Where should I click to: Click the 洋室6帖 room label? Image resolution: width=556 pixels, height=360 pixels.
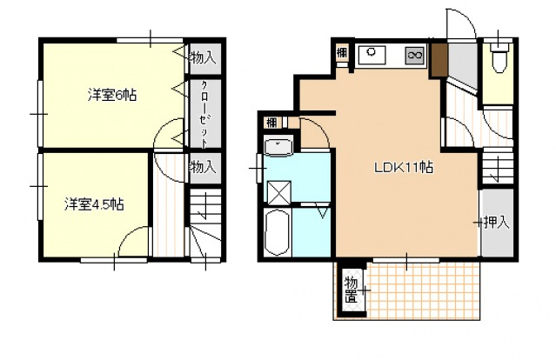click(112, 96)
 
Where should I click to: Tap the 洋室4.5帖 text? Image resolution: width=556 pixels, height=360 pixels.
click(94, 204)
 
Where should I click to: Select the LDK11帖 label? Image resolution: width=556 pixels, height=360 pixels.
click(404, 167)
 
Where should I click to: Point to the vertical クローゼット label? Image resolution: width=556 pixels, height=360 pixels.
click(205, 114)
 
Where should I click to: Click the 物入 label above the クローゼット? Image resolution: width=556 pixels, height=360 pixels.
click(203, 57)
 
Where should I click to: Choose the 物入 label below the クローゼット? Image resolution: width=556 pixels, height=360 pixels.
click(203, 167)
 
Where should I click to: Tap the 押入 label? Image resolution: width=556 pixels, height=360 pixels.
click(497, 222)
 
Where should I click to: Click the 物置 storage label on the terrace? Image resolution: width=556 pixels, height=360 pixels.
click(351, 290)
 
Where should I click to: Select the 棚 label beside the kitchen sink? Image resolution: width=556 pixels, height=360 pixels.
click(342, 53)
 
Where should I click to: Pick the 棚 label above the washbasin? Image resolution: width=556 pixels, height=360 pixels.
click(271, 123)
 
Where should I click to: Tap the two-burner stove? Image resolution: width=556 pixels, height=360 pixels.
click(414, 56)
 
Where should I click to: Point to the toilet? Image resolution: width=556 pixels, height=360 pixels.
click(499, 57)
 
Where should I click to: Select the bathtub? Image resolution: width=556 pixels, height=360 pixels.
click(278, 232)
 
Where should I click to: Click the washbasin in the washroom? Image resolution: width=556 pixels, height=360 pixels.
click(278, 148)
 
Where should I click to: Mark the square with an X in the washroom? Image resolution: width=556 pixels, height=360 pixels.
click(279, 193)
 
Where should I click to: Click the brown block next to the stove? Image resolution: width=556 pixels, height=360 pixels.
click(439, 60)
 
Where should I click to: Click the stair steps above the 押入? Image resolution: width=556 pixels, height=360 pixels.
click(498, 168)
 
